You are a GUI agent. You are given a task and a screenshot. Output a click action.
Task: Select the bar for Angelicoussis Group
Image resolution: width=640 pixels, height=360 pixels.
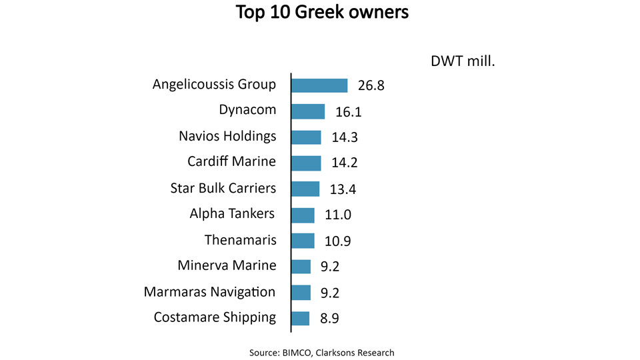click(319, 85)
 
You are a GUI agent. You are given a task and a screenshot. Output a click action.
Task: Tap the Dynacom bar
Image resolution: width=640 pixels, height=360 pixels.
click(308, 111)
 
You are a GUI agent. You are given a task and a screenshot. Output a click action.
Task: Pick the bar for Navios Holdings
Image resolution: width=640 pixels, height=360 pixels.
click(306, 137)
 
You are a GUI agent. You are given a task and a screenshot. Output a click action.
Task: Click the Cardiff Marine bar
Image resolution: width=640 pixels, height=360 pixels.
click(306, 163)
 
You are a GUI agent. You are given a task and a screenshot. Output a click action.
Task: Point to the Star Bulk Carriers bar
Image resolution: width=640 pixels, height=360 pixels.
click(305, 189)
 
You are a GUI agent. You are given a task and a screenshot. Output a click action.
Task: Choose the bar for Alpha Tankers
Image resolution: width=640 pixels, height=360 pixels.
click(303, 215)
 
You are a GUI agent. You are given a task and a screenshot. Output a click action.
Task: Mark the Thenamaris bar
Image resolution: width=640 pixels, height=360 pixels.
click(303, 241)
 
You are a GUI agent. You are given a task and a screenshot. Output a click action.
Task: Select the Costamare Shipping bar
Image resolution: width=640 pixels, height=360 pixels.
click(301, 318)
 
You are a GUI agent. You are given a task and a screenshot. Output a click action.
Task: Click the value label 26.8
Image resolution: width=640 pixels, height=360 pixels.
click(371, 86)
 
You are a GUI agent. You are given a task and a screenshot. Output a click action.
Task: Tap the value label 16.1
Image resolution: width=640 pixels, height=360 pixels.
click(347, 112)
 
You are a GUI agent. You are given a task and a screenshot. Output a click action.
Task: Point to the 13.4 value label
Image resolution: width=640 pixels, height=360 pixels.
click(343, 189)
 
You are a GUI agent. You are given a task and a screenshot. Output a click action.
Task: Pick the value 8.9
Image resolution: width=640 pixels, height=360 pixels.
click(329, 319)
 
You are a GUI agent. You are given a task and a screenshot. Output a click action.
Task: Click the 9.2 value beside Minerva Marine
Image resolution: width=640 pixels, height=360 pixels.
click(331, 267)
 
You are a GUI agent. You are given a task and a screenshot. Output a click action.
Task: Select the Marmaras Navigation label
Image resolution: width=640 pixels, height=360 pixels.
click(209, 292)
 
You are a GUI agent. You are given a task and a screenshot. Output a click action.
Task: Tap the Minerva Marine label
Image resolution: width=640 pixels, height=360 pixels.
click(227, 266)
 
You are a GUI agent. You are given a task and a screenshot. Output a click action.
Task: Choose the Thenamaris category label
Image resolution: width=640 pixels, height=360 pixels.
click(240, 240)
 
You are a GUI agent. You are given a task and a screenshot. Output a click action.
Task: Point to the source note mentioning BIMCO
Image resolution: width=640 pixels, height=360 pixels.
click(322, 352)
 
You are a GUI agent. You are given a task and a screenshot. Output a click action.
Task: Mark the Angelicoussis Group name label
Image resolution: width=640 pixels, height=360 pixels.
click(214, 85)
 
